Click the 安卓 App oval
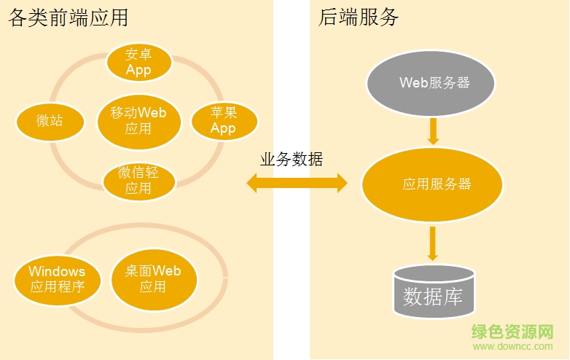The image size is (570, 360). [138, 63]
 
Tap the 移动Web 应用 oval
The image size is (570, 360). [138, 120]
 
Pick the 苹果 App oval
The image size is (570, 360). [223, 120]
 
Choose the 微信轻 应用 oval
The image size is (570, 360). [138, 180]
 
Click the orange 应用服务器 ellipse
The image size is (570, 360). [432, 184]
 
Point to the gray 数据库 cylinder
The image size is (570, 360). [432, 291]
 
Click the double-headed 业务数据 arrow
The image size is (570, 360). [297, 183]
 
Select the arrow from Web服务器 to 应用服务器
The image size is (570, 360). [433, 131]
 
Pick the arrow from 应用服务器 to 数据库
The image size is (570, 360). [433, 243]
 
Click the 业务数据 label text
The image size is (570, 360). [292, 159]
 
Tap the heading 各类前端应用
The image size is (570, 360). [73, 17]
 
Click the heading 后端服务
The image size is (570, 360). [359, 17]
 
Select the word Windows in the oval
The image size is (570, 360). [57, 271]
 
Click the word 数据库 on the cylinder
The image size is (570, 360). [432, 297]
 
